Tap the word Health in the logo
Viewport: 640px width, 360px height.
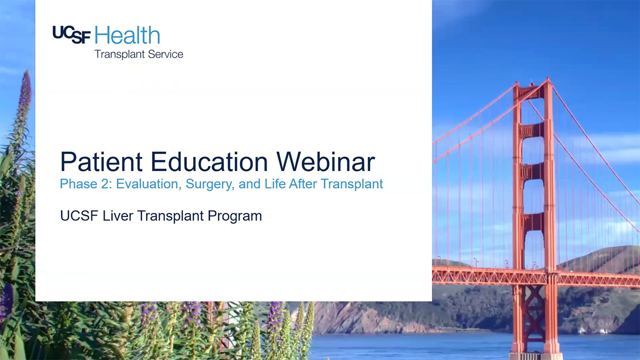127,35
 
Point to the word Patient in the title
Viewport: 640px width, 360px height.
101,161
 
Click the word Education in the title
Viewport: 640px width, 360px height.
209,161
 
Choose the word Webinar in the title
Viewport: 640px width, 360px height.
326,161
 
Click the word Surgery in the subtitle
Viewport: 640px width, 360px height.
210,184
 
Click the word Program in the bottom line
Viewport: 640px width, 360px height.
235,216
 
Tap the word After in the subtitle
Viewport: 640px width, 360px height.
303,184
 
